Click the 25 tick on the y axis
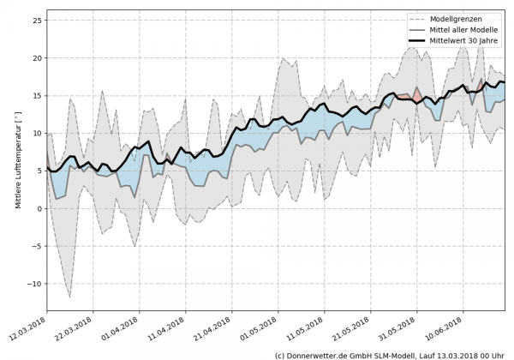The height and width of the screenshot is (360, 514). click(x=37, y=20)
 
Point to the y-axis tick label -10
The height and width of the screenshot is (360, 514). click(x=34, y=284)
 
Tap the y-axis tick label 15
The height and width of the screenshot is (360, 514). click(x=37, y=95)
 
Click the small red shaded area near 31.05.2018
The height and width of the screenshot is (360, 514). click(x=416, y=95)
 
